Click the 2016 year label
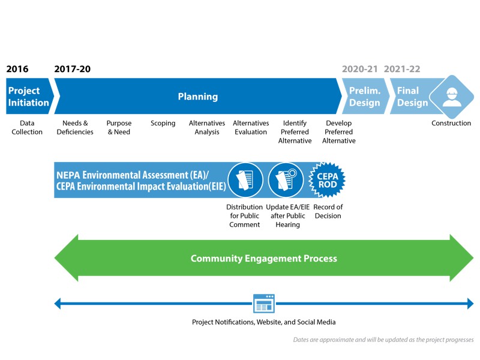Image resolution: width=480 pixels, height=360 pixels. (x=17, y=69)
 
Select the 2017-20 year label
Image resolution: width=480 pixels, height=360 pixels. (x=73, y=69)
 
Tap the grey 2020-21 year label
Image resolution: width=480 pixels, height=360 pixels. (x=360, y=69)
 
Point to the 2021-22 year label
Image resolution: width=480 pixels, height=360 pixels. (x=402, y=69)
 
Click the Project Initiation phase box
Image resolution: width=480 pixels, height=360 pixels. (x=28, y=97)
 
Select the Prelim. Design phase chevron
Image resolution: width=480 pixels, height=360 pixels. (x=365, y=97)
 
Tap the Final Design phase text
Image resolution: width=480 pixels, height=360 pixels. (x=412, y=97)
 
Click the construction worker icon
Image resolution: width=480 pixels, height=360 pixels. (x=450, y=96)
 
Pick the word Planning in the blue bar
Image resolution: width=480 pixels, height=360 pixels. (x=198, y=97)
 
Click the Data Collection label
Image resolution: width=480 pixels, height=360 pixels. (x=27, y=128)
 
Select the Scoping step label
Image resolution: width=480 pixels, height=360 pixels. (x=163, y=124)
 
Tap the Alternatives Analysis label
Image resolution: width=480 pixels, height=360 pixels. (x=207, y=128)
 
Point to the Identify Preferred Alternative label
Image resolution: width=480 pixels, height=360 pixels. (x=295, y=132)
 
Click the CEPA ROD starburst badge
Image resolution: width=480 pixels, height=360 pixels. (x=327, y=180)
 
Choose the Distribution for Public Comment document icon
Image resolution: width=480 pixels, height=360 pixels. (x=245, y=180)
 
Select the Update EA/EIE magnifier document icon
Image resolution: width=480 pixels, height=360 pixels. (x=286, y=180)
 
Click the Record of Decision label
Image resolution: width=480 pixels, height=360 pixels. (x=328, y=211)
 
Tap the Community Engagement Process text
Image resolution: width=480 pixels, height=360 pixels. (x=264, y=259)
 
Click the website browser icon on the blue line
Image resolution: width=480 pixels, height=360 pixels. (x=264, y=304)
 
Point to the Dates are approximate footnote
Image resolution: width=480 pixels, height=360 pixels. (x=383, y=340)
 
